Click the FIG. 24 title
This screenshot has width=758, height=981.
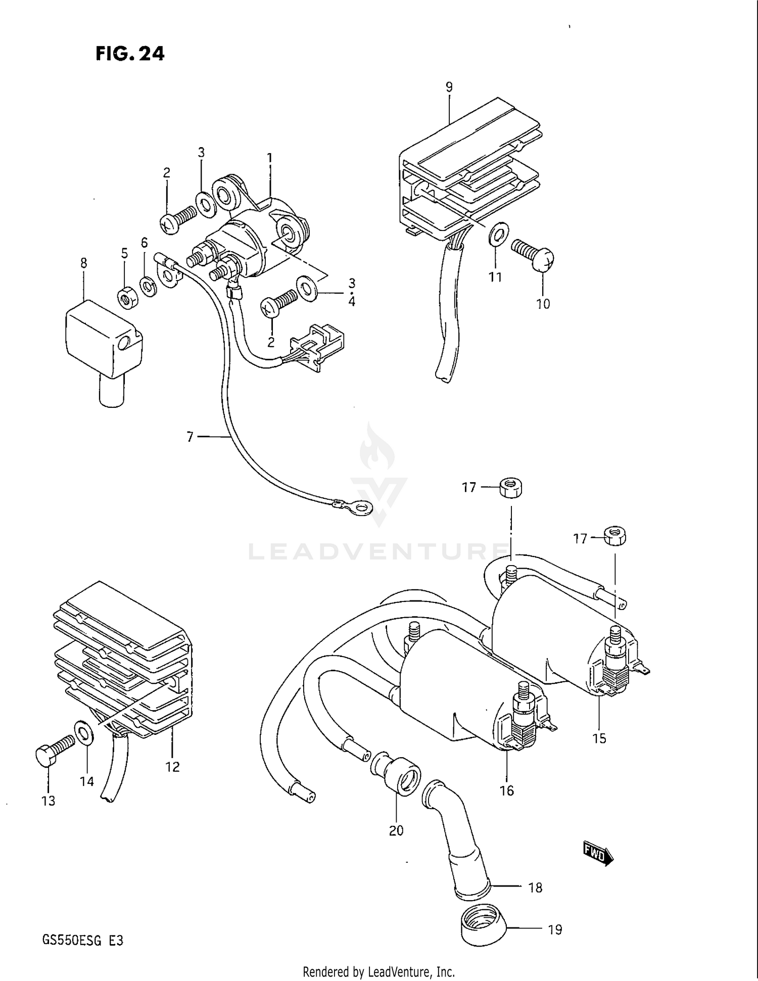point(130,54)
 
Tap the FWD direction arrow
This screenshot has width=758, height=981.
point(598,853)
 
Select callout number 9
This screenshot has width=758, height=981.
point(449,87)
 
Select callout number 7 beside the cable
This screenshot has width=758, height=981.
point(190,437)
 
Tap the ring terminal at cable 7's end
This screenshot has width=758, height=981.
point(360,506)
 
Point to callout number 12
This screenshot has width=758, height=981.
point(172,767)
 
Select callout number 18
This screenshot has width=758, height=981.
point(535,887)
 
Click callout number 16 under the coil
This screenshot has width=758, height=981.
point(506,790)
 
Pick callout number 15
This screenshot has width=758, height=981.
point(599,738)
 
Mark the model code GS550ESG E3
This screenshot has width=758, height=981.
point(83,941)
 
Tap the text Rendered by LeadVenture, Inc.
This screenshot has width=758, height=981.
point(378,971)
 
